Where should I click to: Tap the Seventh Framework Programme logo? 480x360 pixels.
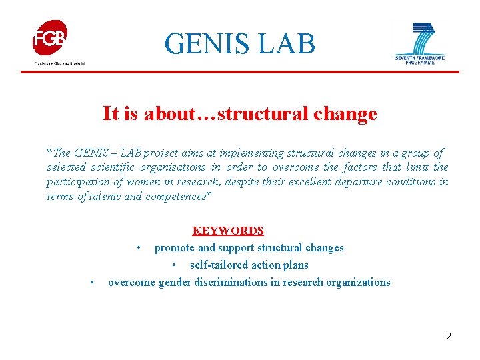click(x=419, y=43)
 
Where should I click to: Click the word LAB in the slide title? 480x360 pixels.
click(x=288, y=44)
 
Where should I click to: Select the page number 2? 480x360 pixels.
click(x=449, y=336)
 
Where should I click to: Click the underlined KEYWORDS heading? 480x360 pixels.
click(x=228, y=231)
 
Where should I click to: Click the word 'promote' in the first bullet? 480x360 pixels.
click(x=175, y=248)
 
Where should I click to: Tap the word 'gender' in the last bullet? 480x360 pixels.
click(x=175, y=283)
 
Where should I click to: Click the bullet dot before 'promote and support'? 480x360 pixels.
click(x=138, y=248)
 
